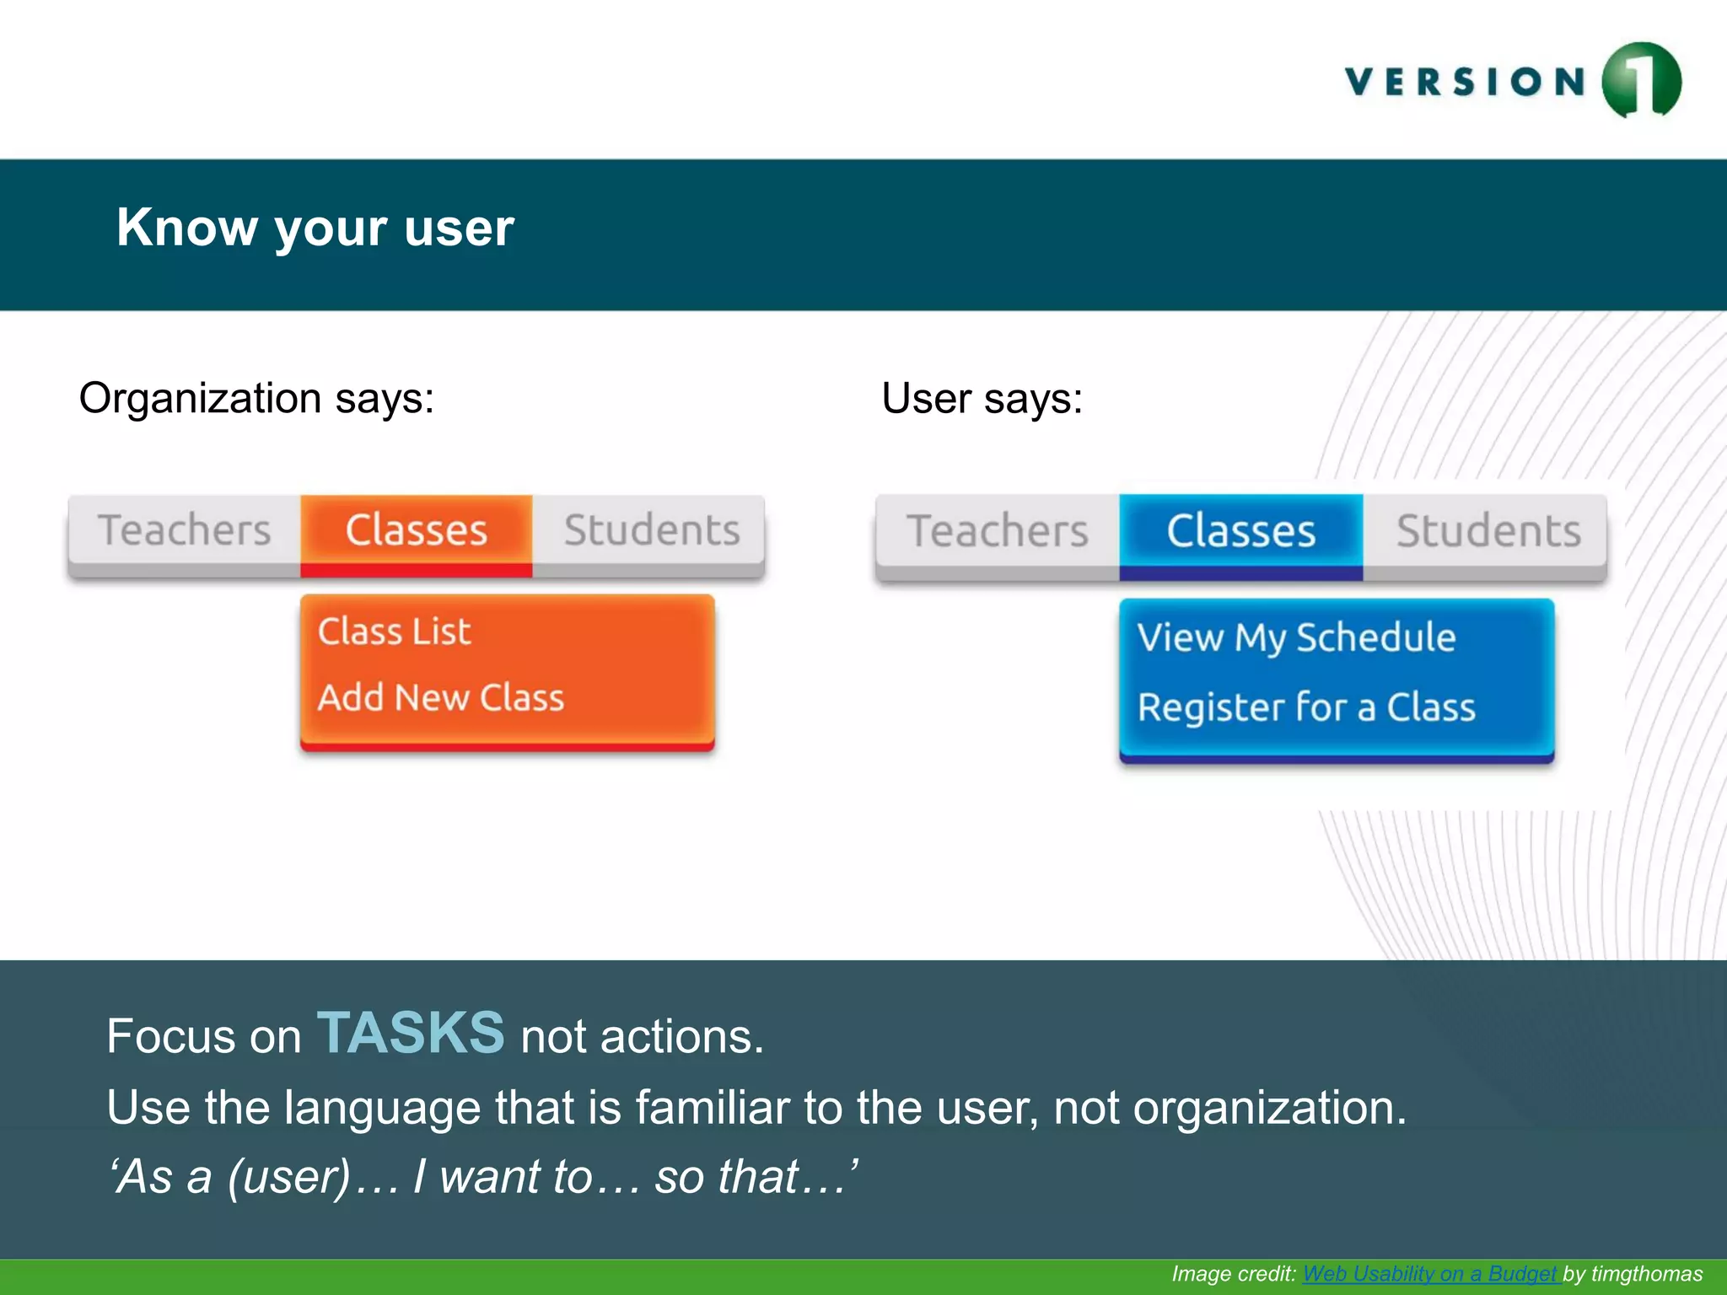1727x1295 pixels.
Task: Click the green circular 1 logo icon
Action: coord(1641,80)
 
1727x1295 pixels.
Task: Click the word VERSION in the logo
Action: coord(1466,82)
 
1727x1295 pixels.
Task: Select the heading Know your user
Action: coord(315,228)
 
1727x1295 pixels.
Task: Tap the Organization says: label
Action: coord(256,398)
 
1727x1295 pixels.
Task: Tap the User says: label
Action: coord(982,398)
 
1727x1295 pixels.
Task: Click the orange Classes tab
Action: coord(416,531)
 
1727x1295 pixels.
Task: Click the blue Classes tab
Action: coord(1240,532)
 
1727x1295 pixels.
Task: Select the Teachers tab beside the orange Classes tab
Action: coord(185,531)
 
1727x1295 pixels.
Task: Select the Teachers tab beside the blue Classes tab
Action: coord(998,532)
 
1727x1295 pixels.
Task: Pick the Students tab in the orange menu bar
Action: coord(651,531)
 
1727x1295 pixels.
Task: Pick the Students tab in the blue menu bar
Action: coord(1488,532)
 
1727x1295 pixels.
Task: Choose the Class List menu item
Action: coord(394,632)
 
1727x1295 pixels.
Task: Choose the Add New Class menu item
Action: coord(440,698)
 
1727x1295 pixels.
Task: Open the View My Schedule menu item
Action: coord(1296,638)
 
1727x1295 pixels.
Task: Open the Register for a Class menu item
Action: coord(1306,707)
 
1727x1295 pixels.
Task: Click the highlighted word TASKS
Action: coord(411,1033)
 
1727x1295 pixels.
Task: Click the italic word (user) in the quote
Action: coord(288,1177)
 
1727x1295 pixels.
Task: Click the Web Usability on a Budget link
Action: coord(1430,1274)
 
